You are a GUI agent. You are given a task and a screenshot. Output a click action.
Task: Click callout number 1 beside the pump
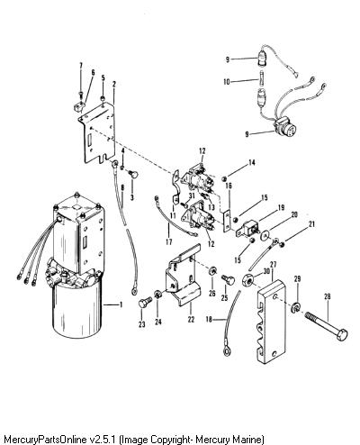pyautogui.click(x=121, y=304)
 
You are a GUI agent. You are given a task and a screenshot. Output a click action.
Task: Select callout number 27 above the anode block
pyautogui.click(x=273, y=264)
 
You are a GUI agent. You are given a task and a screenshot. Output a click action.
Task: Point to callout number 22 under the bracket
pyautogui.click(x=191, y=320)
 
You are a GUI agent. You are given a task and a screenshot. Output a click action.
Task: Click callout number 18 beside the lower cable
pyautogui.click(x=209, y=320)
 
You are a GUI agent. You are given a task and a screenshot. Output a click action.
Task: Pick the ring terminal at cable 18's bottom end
pyautogui.click(x=227, y=350)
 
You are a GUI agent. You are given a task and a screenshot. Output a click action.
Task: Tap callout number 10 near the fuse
pyautogui.click(x=227, y=82)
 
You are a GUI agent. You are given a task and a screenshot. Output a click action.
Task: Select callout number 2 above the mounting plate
pyautogui.click(x=114, y=85)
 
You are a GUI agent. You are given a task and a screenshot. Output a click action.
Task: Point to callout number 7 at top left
pyautogui.click(x=80, y=66)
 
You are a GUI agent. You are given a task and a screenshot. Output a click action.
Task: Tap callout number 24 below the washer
pyautogui.click(x=158, y=322)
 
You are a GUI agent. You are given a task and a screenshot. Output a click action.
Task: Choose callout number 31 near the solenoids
pyautogui.click(x=192, y=195)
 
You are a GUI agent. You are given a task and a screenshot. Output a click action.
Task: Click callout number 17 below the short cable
pyautogui.click(x=169, y=241)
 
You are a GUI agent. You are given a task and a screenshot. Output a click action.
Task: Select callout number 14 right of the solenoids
pyautogui.click(x=252, y=162)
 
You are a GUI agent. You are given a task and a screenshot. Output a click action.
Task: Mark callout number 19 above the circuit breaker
pyautogui.click(x=281, y=207)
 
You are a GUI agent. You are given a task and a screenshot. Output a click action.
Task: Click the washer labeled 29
pyautogui.click(x=295, y=307)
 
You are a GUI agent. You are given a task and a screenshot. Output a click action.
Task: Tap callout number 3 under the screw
pyautogui.click(x=132, y=197)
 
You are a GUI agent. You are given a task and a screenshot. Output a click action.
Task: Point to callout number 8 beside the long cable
pyautogui.click(x=122, y=187)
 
